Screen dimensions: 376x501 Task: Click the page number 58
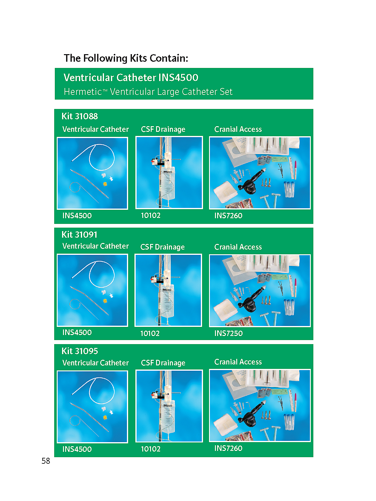click(x=46, y=461)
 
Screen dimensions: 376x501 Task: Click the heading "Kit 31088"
click(x=80, y=116)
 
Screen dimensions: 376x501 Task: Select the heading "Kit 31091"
click(x=80, y=235)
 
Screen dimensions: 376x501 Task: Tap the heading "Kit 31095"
click(x=80, y=351)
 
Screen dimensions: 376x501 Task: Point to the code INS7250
click(x=228, y=333)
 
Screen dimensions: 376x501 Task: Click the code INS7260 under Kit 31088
click(x=228, y=215)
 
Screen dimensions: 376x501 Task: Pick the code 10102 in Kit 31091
click(x=150, y=333)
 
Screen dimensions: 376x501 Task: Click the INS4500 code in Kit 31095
click(x=77, y=449)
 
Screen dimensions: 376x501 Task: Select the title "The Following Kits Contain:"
click(x=126, y=58)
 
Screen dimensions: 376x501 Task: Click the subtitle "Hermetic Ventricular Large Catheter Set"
click(x=148, y=91)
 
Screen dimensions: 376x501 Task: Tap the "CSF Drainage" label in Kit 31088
click(x=163, y=129)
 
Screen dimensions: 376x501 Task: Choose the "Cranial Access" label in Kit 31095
click(x=238, y=362)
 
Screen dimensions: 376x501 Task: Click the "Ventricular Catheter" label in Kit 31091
click(x=96, y=246)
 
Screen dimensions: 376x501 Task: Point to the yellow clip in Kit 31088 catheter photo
click(x=105, y=184)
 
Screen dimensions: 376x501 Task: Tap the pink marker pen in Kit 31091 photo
click(x=296, y=287)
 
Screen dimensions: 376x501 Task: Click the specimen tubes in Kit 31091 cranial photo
click(x=289, y=307)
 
